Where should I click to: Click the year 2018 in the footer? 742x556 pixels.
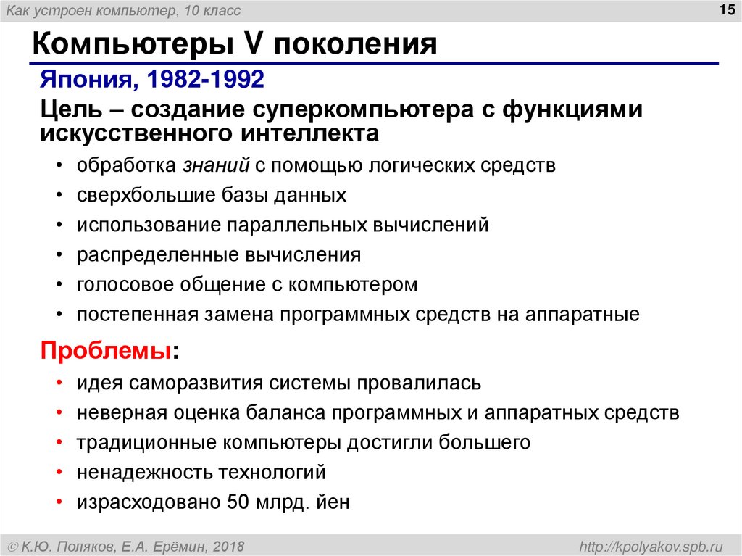(228, 544)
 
